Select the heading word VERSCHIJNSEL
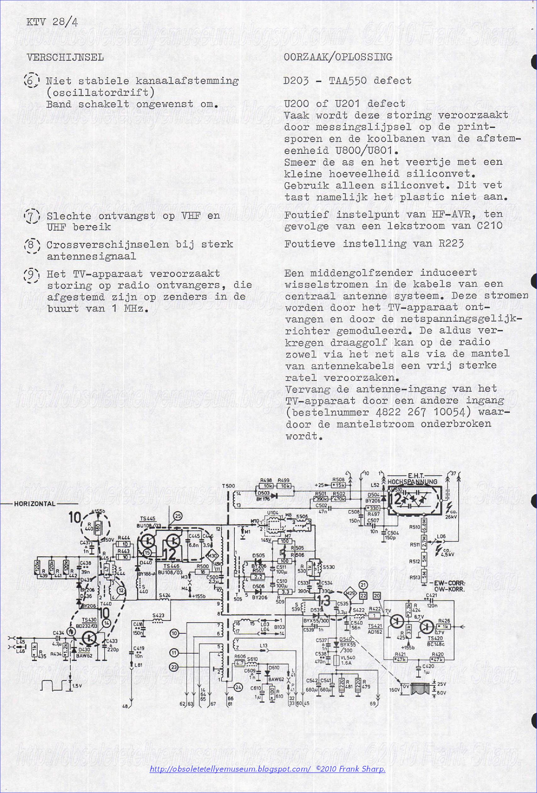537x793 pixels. [65, 57]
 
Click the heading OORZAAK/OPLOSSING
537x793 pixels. [338, 57]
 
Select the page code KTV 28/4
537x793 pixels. [52, 22]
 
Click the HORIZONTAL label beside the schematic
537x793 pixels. [34, 504]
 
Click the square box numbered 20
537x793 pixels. [377, 595]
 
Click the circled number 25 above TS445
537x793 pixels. [177, 518]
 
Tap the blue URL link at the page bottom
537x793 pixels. [268, 767]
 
